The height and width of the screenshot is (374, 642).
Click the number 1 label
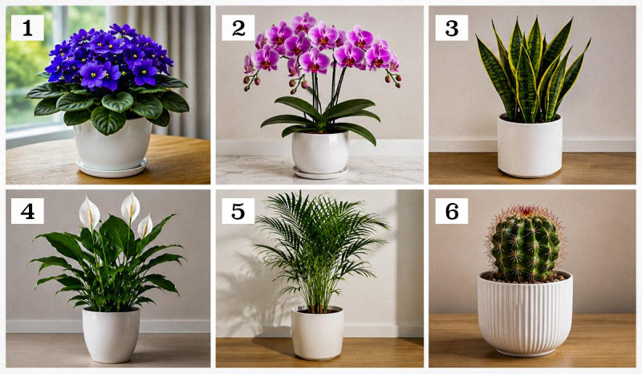point(27,28)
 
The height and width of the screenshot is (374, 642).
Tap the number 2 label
point(238,28)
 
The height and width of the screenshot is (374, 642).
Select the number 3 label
point(452,28)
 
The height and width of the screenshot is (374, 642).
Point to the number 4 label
point(27,211)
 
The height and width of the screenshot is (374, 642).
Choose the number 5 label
point(238,211)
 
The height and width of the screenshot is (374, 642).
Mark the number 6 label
point(452,211)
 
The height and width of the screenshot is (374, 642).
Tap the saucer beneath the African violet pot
point(112,168)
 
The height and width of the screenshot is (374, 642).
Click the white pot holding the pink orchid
point(319,152)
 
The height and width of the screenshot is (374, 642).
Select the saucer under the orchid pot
point(320,173)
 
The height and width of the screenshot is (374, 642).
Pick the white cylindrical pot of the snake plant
point(530,146)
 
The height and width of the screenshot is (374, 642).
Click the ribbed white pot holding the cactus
point(525,313)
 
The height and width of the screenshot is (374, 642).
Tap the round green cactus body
point(526,246)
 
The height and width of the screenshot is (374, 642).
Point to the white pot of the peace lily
point(111,335)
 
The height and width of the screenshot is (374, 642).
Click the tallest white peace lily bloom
point(131,207)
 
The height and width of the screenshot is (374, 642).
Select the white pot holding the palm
point(318,333)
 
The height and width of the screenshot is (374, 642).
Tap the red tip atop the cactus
point(526,211)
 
